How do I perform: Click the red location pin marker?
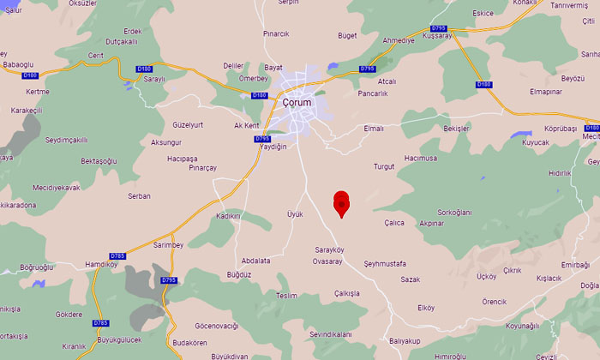(341, 203)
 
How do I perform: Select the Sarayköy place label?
(329, 250)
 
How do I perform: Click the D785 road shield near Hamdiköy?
(118, 255)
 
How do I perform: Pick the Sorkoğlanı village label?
(455, 212)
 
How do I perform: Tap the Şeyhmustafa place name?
(385, 263)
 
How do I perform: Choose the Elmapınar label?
(545, 91)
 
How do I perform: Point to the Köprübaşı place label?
(561, 128)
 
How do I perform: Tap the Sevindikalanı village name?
(331, 333)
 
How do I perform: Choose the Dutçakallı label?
(122, 41)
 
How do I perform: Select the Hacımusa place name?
(421, 159)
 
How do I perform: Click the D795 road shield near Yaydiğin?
(262, 139)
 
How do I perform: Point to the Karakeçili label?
(27, 111)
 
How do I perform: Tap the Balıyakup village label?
(405, 341)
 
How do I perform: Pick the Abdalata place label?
(255, 261)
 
